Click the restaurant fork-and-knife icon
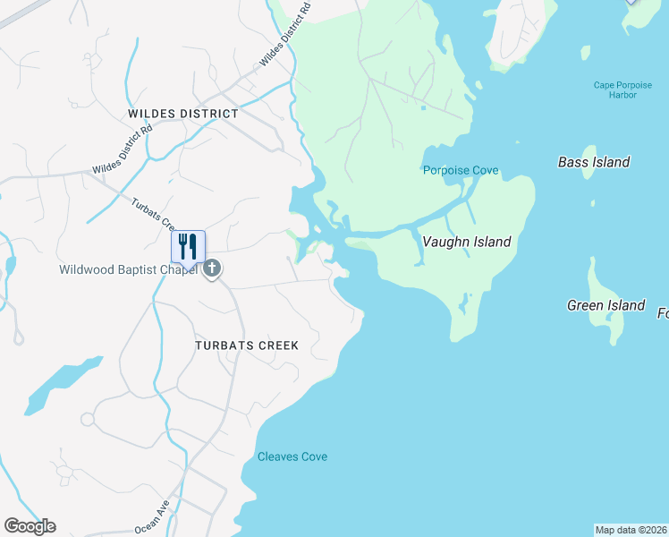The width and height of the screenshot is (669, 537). pyautogui.click(x=188, y=246)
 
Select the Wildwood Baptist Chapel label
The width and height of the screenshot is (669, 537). pyautogui.click(x=128, y=269)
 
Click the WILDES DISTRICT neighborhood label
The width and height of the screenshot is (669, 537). pyautogui.click(x=183, y=114)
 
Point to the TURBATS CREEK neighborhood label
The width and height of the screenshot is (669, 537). pyautogui.click(x=247, y=345)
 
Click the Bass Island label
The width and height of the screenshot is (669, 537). pyautogui.click(x=594, y=162)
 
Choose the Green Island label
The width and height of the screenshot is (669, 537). pyautogui.click(x=605, y=305)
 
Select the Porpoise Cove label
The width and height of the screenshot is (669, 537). pyautogui.click(x=461, y=170)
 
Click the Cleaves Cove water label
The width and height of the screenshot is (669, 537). pyautogui.click(x=292, y=456)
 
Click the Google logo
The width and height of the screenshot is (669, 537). pyautogui.click(x=30, y=526)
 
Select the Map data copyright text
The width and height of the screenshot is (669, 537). pyautogui.click(x=631, y=530)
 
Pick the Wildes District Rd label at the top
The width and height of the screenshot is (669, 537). pyautogui.click(x=284, y=34)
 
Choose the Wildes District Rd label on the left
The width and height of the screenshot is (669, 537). pyautogui.click(x=123, y=149)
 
